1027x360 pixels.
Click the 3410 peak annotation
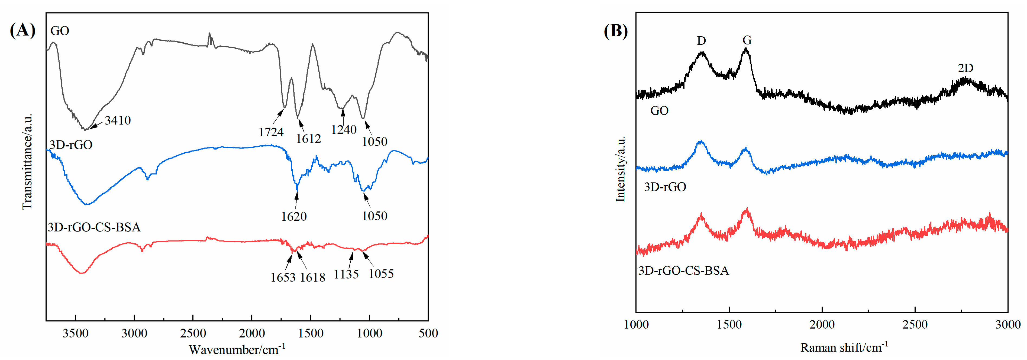[118, 120]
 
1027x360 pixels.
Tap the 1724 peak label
[271, 132]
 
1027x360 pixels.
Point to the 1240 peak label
[344, 130]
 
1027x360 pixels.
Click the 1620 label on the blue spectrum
[294, 217]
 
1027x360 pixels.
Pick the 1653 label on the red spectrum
[283, 277]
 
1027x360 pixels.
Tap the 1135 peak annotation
[346, 274]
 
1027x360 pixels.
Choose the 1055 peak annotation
[381, 274]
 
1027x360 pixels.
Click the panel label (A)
[22, 30]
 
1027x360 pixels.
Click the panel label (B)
[616, 31]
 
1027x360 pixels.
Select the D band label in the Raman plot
[701, 41]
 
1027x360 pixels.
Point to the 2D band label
[965, 68]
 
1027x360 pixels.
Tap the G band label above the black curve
[747, 40]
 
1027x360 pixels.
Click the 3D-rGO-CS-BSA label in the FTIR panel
[94, 227]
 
